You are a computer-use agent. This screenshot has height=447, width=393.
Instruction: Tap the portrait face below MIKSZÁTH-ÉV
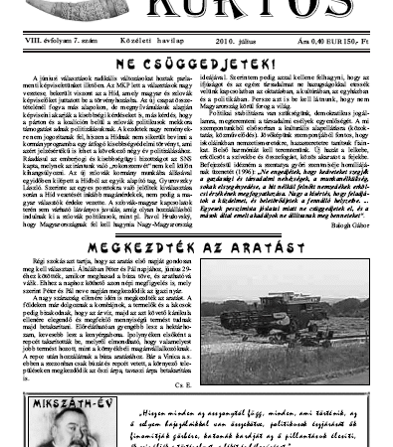coord(55,417)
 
